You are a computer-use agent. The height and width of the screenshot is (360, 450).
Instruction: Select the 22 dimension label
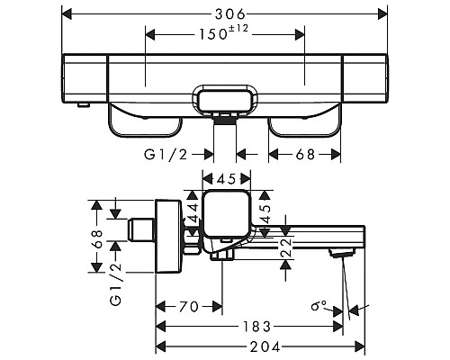286,243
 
